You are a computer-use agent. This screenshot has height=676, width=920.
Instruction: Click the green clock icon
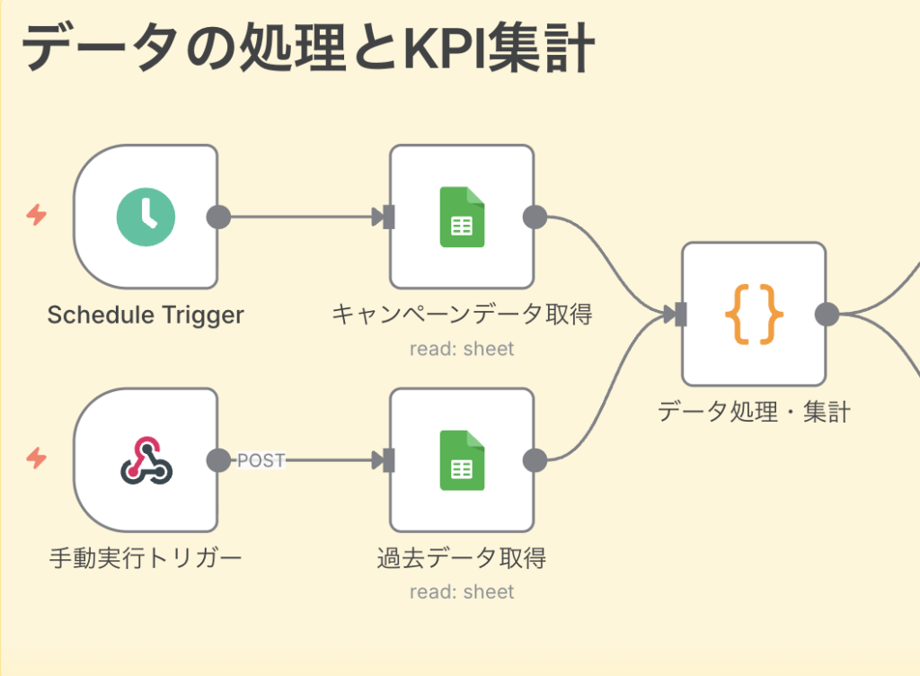coord(146,217)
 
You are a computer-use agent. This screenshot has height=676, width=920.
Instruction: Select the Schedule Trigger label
coord(146,315)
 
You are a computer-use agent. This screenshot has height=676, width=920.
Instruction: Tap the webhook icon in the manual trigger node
coord(146,460)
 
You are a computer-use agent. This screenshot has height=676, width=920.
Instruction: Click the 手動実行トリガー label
coord(146,558)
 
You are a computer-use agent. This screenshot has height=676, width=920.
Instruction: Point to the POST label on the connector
coord(261,461)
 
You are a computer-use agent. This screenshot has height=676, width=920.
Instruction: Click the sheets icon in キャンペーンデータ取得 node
coord(462,217)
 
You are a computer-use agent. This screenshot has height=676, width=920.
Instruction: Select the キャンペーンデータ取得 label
coord(462,315)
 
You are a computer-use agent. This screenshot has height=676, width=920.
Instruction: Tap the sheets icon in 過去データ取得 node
coord(462,460)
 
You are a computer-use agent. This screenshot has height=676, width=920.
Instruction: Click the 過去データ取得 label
coord(462,558)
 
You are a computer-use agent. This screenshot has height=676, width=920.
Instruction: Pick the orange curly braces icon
coord(754,315)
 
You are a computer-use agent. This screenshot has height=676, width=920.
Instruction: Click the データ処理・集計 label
coord(754,412)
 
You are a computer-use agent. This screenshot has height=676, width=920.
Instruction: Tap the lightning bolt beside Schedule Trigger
coord(36,216)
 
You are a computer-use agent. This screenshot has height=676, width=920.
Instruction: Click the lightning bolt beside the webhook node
coord(36,459)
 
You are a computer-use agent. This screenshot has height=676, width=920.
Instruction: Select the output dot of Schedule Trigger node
coord(218,217)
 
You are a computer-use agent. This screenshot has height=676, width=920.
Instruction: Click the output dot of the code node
coord(827,315)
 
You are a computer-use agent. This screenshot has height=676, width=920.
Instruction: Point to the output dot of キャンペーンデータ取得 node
coord(535,217)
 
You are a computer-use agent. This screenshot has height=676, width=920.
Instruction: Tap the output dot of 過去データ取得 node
coord(535,460)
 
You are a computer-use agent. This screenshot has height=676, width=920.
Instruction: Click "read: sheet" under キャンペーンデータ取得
coord(462,349)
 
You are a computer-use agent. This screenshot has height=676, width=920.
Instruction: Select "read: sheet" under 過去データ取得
coord(462,592)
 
